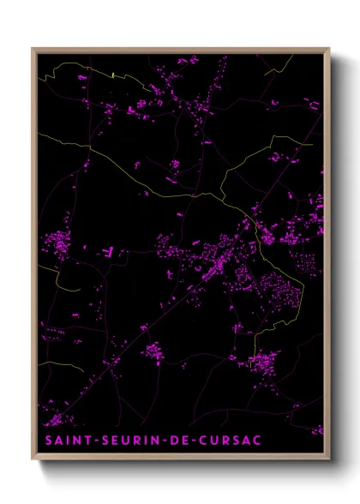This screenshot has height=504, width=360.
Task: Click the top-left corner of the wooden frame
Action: click(33, 49)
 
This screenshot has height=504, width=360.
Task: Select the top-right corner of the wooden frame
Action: click(329, 49)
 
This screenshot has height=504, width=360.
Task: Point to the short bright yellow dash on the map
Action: click(113, 75)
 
